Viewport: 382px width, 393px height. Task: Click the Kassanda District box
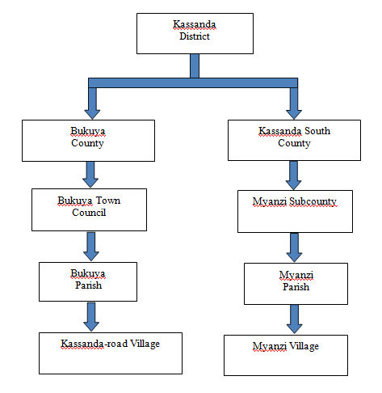[195, 33]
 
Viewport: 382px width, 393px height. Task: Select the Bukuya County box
[88, 141]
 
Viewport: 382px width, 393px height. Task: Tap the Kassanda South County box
[294, 140]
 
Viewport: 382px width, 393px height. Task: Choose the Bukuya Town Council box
[89, 209]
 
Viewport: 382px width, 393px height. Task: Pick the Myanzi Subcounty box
[295, 211]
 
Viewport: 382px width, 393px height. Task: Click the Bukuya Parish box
[88, 281]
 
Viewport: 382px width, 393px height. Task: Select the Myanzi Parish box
[296, 284]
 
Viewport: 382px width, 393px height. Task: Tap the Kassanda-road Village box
[111, 353]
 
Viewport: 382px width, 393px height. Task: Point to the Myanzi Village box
[286, 355]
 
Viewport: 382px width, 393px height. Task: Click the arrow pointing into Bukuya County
[92, 104]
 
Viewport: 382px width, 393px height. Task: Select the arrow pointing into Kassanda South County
[294, 104]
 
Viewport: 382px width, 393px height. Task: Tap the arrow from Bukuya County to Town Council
[90, 175]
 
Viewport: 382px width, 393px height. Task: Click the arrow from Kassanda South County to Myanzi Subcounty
[293, 175]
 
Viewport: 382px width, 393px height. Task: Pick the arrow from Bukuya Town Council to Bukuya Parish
[91, 247]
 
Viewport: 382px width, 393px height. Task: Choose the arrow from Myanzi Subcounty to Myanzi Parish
[294, 247]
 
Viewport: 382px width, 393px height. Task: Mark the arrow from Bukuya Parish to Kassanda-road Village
[91, 317]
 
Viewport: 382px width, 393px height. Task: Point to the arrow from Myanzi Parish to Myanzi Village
[295, 319]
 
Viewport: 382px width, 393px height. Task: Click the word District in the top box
[195, 36]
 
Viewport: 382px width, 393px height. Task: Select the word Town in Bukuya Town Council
[108, 201]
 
